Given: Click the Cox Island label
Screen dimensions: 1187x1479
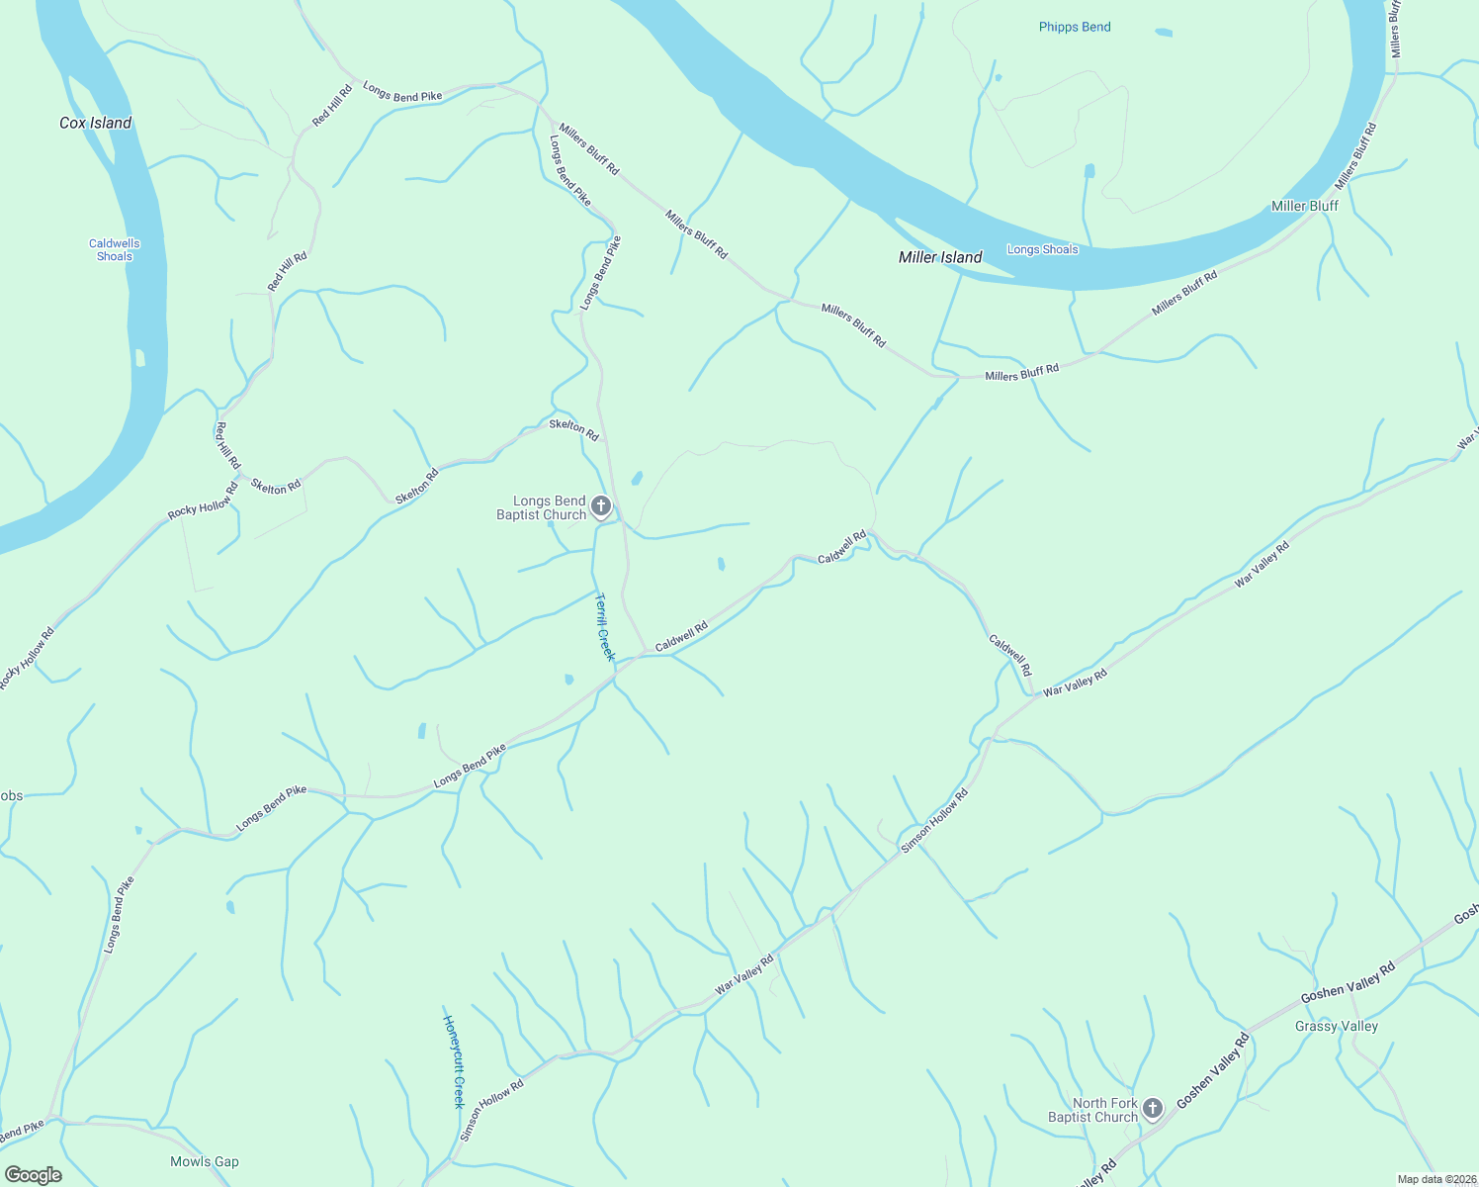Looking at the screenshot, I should tap(95, 123).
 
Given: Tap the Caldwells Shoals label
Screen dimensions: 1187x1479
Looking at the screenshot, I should tap(115, 249).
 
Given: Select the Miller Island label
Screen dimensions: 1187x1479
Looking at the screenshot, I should tap(940, 257).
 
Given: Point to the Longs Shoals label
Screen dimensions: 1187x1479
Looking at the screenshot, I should tap(1042, 249).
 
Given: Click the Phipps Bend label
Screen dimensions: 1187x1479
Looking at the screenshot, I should tap(1075, 27).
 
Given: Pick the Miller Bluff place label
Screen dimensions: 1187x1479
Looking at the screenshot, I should tap(1304, 206).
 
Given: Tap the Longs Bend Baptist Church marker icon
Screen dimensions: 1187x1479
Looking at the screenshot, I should tap(601, 507).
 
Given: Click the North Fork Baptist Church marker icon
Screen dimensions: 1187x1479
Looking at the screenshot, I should tap(1153, 1109).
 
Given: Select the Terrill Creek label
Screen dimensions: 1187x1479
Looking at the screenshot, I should tap(604, 627).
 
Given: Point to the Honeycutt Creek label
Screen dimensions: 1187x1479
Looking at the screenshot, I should tap(454, 1061).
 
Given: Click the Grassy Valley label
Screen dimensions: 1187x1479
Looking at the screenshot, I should tap(1336, 1026).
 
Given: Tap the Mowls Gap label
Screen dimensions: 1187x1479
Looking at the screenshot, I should tap(205, 1161).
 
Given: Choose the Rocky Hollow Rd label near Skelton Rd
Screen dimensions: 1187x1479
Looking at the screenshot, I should tap(203, 501).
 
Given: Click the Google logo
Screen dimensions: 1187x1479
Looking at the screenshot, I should tap(34, 1174).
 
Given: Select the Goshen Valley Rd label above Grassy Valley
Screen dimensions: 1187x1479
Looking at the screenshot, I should tap(1347, 981).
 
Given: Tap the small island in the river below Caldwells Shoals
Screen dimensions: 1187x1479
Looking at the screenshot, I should tap(139, 357).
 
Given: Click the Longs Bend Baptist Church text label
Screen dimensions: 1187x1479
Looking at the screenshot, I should tap(542, 507).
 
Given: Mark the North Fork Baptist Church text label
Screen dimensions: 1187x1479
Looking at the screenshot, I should tap(1093, 1110).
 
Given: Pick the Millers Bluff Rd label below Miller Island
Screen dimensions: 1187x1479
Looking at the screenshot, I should tap(1021, 373).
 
